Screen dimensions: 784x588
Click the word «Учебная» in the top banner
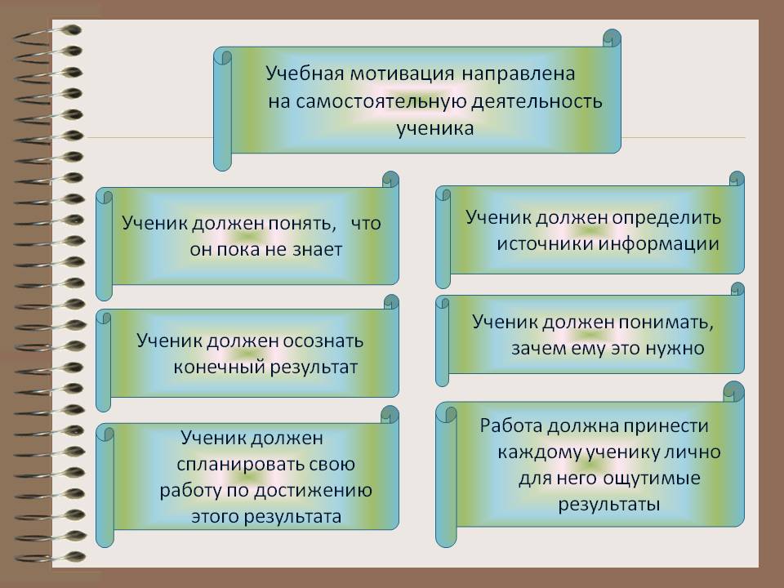(x=305, y=73)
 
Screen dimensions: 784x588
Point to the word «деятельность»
(x=537, y=102)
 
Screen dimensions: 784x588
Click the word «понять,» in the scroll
(x=302, y=224)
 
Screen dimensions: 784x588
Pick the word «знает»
(x=317, y=249)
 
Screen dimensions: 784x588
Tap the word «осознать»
(x=323, y=341)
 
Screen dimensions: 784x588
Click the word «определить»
(x=666, y=218)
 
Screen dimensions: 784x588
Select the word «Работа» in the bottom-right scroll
(x=511, y=426)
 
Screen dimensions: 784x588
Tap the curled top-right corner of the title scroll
(x=612, y=38)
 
